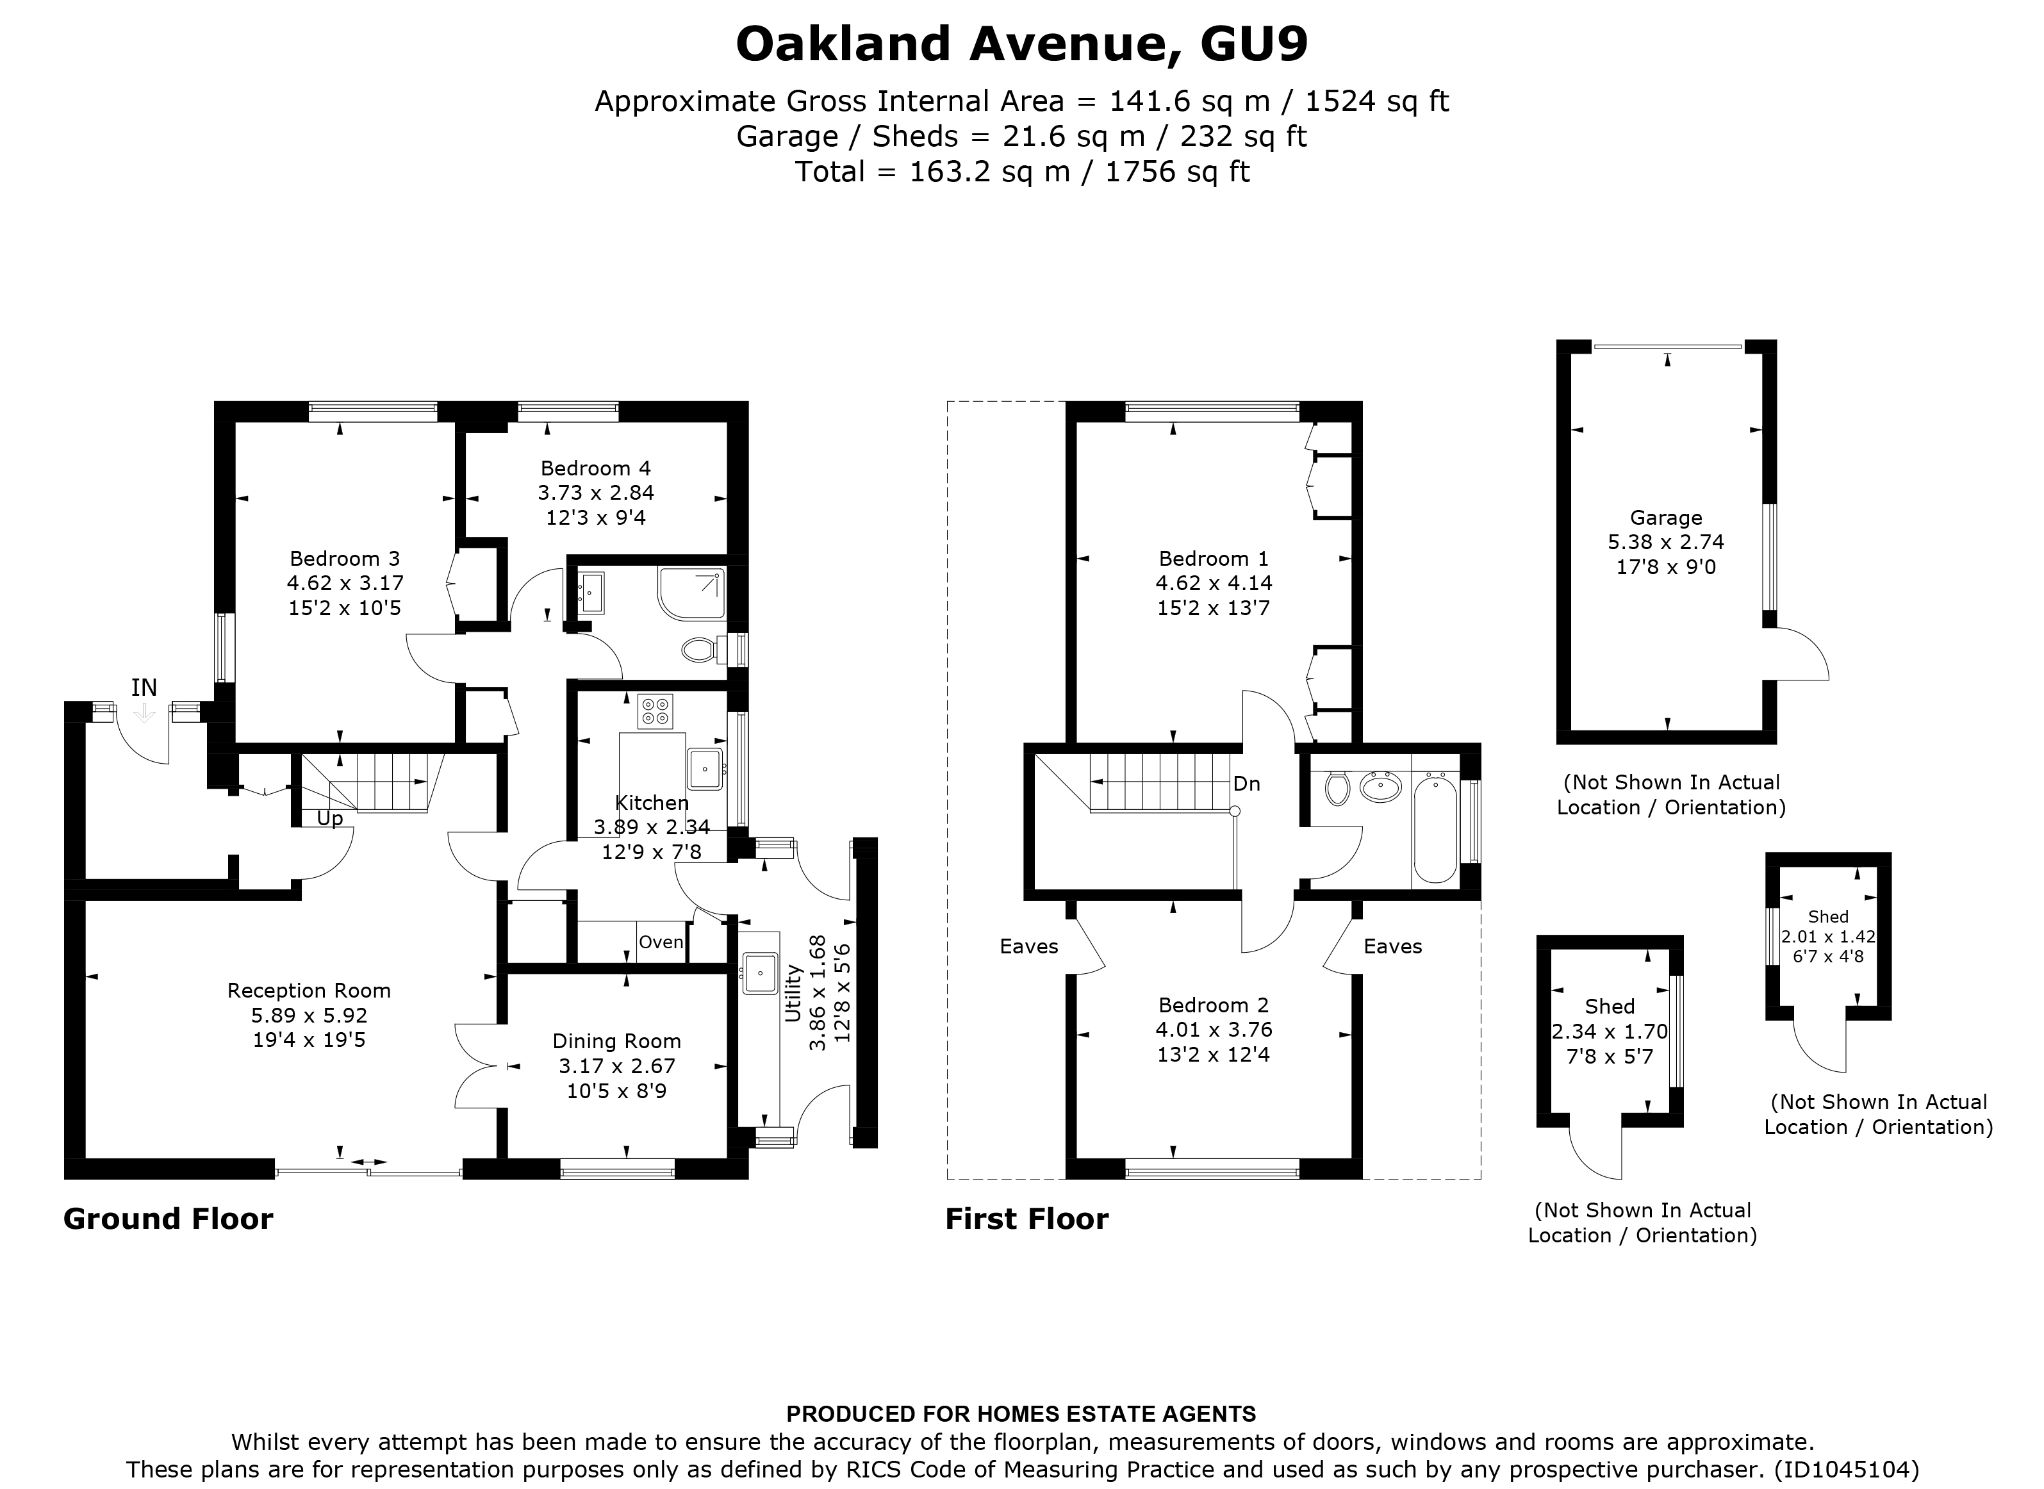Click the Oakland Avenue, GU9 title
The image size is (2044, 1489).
click(x=1021, y=45)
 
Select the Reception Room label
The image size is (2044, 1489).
click(x=308, y=991)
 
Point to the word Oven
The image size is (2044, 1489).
click(x=661, y=942)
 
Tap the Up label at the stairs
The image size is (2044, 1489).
click(x=330, y=818)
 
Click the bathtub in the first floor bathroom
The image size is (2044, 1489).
click(x=1435, y=829)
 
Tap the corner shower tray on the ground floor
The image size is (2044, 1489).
click(x=691, y=592)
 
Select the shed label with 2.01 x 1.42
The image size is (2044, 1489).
click(x=1827, y=917)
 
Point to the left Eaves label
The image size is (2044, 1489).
click(x=1028, y=946)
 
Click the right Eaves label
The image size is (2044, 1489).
click(x=1392, y=946)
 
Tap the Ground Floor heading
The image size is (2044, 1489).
click(x=168, y=1219)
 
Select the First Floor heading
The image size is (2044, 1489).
click(x=1026, y=1219)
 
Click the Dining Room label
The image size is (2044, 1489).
click(x=616, y=1042)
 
